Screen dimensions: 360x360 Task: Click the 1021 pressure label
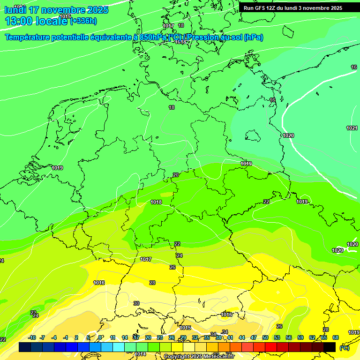click(x=352, y=128)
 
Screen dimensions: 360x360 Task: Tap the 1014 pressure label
click(x=141, y=354)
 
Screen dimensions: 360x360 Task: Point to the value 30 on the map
click(x=136, y=303)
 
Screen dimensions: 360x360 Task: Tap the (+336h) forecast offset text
click(x=83, y=21)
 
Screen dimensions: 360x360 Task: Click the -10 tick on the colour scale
click(x=32, y=337)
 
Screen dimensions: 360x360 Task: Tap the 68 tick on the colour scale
click(x=336, y=337)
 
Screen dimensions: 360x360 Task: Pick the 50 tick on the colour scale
click(x=265, y=337)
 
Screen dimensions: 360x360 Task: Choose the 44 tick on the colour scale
click(x=242, y=337)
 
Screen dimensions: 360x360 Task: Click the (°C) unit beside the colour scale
click(x=344, y=347)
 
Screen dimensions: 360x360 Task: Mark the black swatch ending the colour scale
click(x=330, y=347)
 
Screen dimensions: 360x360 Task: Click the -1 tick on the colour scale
click(x=66, y=337)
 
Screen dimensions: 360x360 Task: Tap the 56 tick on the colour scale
click(x=289, y=337)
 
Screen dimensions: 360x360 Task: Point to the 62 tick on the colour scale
click(x=312, y=337)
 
